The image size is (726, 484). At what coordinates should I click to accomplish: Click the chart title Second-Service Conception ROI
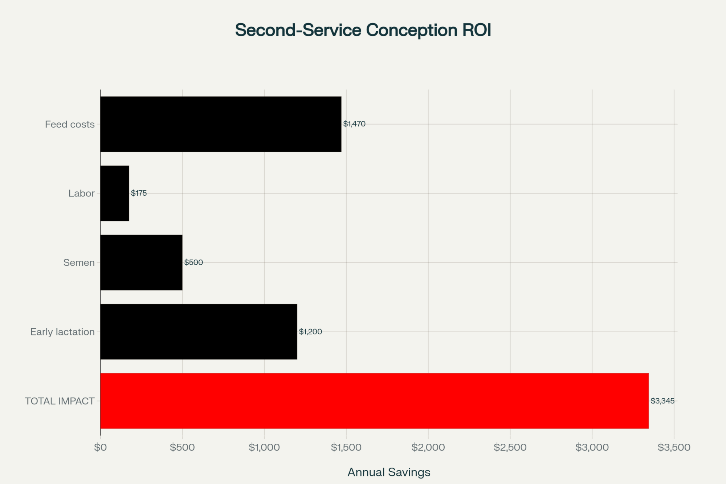(363, 30)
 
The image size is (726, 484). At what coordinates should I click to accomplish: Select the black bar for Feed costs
(221, 124)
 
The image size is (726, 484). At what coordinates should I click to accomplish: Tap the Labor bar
(115, 193)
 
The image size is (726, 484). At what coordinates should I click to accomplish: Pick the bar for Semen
(141, 263)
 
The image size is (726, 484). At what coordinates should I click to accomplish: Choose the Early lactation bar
(199, 332)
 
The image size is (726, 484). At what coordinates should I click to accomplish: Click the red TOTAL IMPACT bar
(374, 401)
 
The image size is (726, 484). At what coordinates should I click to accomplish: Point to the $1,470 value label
(354, 124)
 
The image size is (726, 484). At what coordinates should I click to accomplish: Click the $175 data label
(139, 193)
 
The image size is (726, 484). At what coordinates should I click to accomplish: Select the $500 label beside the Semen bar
(193, 263)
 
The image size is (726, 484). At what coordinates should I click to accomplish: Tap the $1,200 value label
(310, 332)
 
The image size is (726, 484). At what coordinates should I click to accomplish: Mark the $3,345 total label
(662, 401)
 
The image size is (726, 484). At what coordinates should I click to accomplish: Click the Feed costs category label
(70, 125)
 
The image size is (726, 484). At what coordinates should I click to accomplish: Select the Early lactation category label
(62, 332)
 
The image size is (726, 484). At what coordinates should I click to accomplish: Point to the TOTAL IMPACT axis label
(60, 401)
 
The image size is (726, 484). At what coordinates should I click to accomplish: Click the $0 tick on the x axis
(101, 447)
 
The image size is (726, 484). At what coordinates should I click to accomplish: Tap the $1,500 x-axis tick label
(346, 447)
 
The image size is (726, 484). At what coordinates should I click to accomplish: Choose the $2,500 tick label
(510, 447)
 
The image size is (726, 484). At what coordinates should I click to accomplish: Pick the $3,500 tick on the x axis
(674, 447)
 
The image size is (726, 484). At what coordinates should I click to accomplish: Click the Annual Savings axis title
(389, 472)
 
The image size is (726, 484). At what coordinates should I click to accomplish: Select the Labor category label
(81, 194)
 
